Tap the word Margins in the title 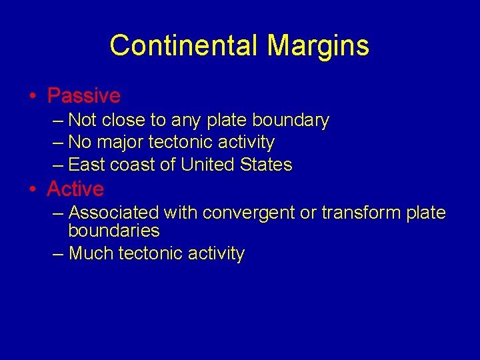pyautogui.click(x=318, y=46)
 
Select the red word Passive pyautogui.click(x=83, y=96)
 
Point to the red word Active pyautogui.click(x=75, y=189)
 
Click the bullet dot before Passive pyautogui.click(x=32, y=96)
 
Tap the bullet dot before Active pyautogui.click(x=32, y=189)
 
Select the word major pyautogui.click(x=121, y=142)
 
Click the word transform pyautogui.click(x=355, y=213)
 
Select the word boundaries pyautogui.click(x=114, y=231)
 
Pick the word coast pyautogui.click(x=133, y=164)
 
